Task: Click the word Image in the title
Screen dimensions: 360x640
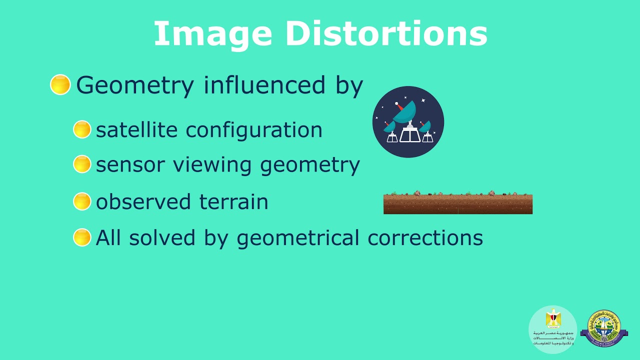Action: coord(212,33)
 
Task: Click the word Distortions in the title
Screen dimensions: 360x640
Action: coord(386,33)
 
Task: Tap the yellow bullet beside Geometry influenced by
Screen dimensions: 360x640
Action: coord(60,84)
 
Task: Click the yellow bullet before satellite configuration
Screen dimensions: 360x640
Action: coord(82,129)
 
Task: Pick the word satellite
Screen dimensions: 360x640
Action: coord(136,130)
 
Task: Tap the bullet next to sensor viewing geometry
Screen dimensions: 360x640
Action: coord(82,164)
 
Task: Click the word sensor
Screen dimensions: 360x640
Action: coord(126,165)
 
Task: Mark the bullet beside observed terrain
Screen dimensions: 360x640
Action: coord(82,201)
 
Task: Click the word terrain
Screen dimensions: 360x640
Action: coord(233,202)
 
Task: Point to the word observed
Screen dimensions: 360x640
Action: coord(143,202)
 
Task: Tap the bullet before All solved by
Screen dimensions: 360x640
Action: coord(82,237)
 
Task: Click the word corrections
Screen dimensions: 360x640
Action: coord(425,238)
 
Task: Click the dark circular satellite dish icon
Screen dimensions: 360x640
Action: coord(408,122)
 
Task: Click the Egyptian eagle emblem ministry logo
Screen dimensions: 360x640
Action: coord(553,327)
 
